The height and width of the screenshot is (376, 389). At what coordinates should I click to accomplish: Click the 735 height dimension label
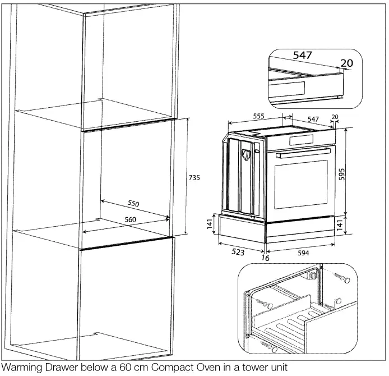click(193, 177)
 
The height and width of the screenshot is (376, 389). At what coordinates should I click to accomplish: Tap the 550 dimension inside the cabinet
click(133, 203)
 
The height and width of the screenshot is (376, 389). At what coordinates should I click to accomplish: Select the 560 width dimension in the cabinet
click(130, 219)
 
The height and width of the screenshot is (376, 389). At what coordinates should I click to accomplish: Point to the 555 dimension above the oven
click(258, 116)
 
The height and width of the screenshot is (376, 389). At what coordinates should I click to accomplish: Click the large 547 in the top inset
click(303, 56)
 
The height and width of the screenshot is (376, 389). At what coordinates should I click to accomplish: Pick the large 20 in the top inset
click(347, 63)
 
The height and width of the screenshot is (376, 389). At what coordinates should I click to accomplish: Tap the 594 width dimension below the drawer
click(303, 253)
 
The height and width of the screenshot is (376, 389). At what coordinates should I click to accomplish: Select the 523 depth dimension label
click(238, 252)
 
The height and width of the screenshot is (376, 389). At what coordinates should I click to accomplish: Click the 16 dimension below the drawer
click(265, 258)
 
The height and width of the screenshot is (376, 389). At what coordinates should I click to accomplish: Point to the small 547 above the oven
click(313, 120)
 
